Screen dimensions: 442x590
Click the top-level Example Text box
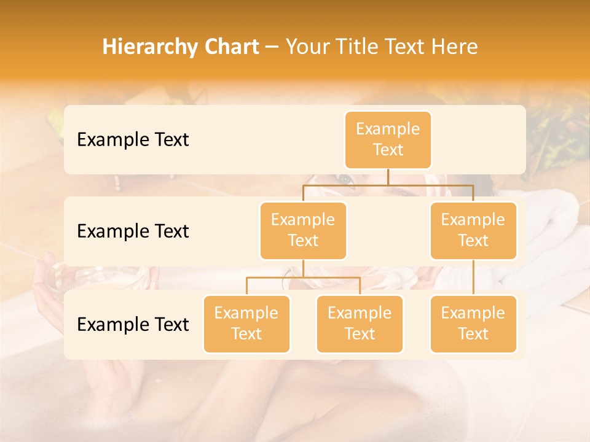pos(388,139)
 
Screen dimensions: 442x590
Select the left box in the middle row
pos(303,230)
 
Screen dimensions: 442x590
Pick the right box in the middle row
pos(473,230)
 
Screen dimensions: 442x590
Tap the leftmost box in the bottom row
pos(246,324)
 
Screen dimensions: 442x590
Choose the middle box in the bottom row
pos(360,324)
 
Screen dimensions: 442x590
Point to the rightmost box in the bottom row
pos(473,324)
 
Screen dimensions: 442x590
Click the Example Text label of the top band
pos(133,140)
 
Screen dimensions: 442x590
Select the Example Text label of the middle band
pos(133,231)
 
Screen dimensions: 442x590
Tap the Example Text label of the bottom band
pos(133,325)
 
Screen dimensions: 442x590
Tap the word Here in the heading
pos(455,47)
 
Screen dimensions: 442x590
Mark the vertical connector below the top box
pos(388,177)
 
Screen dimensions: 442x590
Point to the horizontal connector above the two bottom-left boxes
pos(303,277)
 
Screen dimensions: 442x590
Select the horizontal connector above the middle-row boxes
pos(388,184)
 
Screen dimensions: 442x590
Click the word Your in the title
pos(307,47)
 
